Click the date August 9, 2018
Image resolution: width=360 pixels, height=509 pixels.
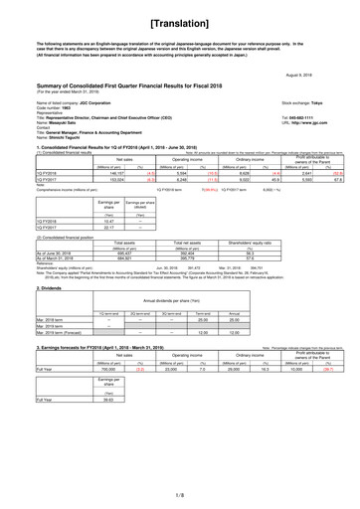pos(328,74)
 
